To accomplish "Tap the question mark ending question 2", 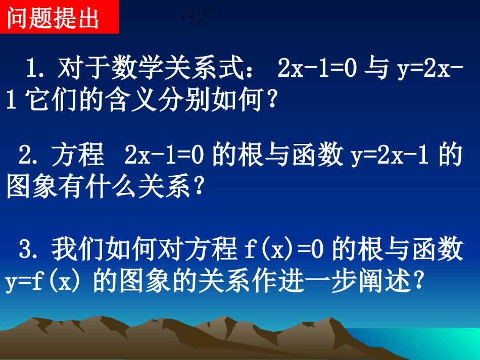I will click(199, 188).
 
